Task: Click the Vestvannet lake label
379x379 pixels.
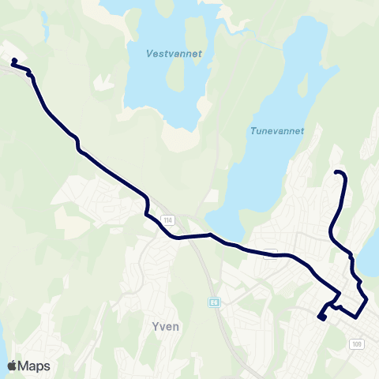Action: tap(174, 54)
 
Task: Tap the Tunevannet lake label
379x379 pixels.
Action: tap(277, 132)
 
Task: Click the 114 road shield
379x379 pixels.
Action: tap(167, 219)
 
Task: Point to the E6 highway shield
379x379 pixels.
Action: tap(213, 302)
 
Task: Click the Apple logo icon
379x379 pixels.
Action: tap(13, 366)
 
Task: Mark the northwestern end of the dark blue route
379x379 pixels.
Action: tap(14, 61)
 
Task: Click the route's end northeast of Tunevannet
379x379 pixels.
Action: tap(337, 172)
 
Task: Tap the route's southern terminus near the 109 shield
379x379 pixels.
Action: tap(321, 317)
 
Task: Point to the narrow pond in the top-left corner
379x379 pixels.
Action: tap(45, 24)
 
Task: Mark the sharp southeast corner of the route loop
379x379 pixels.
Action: tap(367, 302)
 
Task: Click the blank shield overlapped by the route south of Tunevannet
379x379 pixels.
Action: tap(271, 254)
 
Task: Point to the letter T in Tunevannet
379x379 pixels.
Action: tap(253, 132)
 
